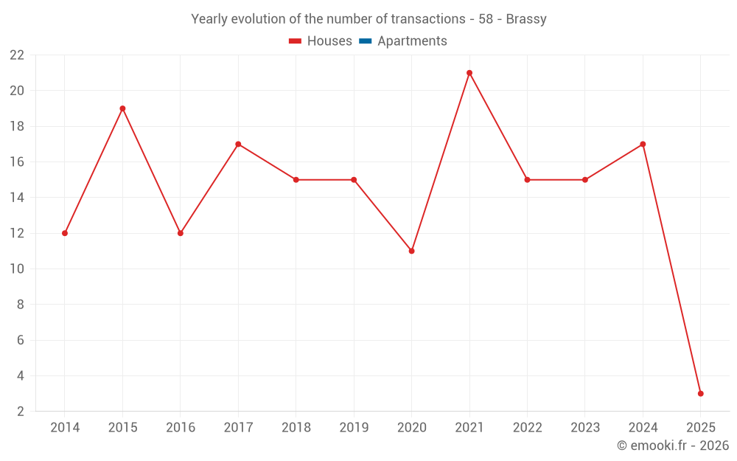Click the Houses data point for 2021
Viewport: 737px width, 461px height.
(x=469, y=73)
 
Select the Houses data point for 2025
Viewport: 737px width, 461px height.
(x=700, y=393)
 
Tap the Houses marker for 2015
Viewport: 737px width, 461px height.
(x=122, y=108)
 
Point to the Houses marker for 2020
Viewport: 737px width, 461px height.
(x=411, y=251)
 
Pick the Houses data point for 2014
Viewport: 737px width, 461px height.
(x=65, y=233)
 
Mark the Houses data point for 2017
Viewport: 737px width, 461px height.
(x=238, y=144)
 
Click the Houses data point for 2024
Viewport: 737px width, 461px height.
(x=643, y=144)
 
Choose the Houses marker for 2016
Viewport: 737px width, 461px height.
(x=181, y=233)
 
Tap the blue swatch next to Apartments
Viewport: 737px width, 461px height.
(x=365, y=41)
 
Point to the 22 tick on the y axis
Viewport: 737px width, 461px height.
(x=16, y=55)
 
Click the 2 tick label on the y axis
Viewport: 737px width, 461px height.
(x=20, y=411)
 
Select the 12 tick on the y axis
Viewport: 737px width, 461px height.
(x=16, y=233)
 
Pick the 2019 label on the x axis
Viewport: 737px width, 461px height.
(x=354, y=428)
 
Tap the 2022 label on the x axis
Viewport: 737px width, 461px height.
(x=527, y=428)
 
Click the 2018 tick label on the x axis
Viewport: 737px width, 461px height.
(x=296, y=428)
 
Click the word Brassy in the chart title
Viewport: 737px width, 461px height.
(x=526, y=19)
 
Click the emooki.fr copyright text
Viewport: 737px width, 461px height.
(x=672, y=446)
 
